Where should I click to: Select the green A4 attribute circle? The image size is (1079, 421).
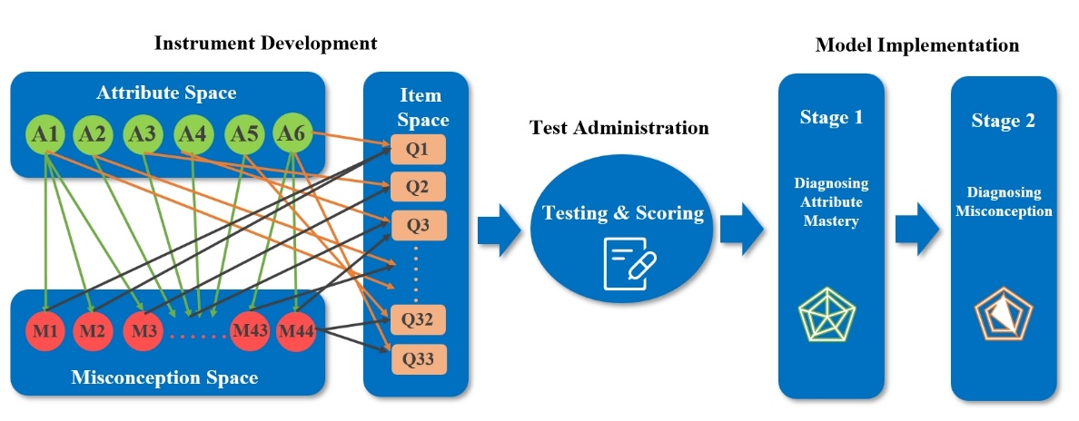[192, 134]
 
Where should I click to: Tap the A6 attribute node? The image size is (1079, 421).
[292, 134]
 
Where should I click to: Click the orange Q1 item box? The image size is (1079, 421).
[419, 150]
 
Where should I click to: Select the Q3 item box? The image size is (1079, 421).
[419, 224]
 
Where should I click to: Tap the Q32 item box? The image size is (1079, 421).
[419, 320]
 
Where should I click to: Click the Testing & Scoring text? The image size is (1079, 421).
[623, 212]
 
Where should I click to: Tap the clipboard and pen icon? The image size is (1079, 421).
[629, 263]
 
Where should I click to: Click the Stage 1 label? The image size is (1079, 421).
[831, 118]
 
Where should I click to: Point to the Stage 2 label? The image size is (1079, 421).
[1003, 121]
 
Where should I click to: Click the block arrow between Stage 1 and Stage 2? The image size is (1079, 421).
[916, 229]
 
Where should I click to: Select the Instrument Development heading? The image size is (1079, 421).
[265, 44]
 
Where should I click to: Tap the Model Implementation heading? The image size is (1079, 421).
[916, 45]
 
